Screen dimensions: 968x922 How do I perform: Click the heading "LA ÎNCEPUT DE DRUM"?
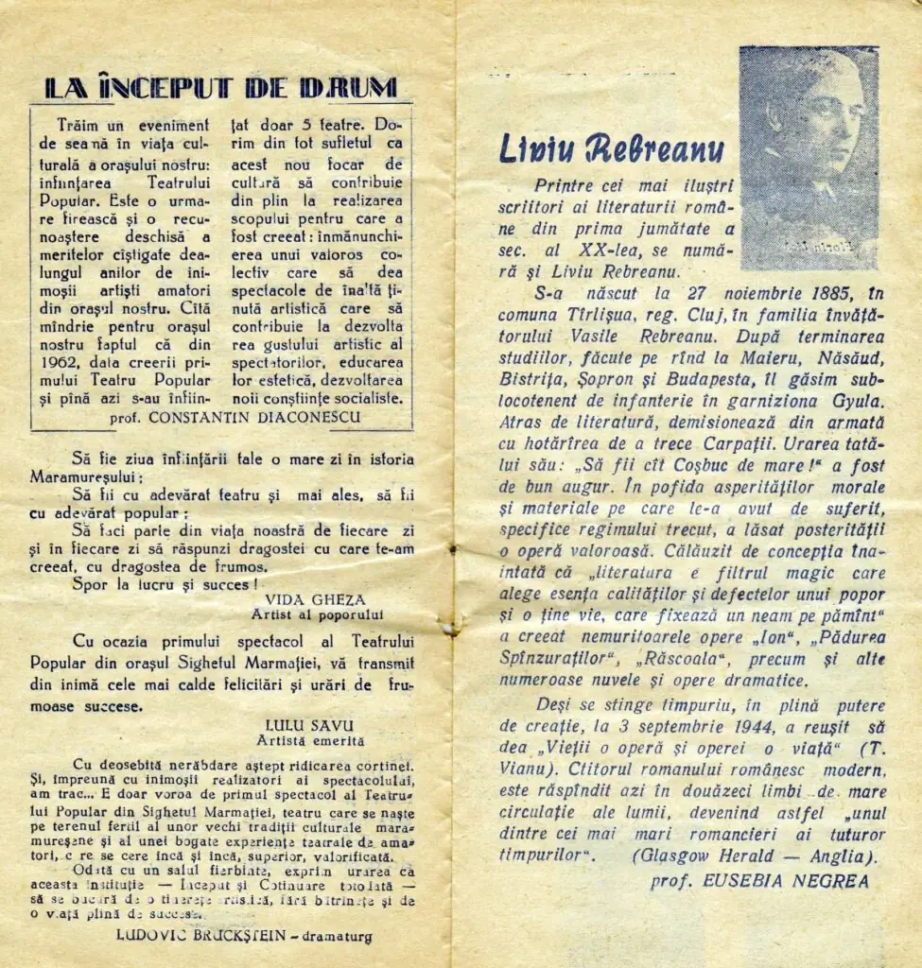pyautogui.click(x=220, y=88)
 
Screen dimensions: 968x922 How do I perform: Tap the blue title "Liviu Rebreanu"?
pyautogui.click(x=611, y=148)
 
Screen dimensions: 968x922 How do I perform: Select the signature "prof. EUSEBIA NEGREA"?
pyautogui.click(x=759, y=881)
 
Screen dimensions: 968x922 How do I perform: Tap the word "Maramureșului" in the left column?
pyautogui.click(x=87, y=476)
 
